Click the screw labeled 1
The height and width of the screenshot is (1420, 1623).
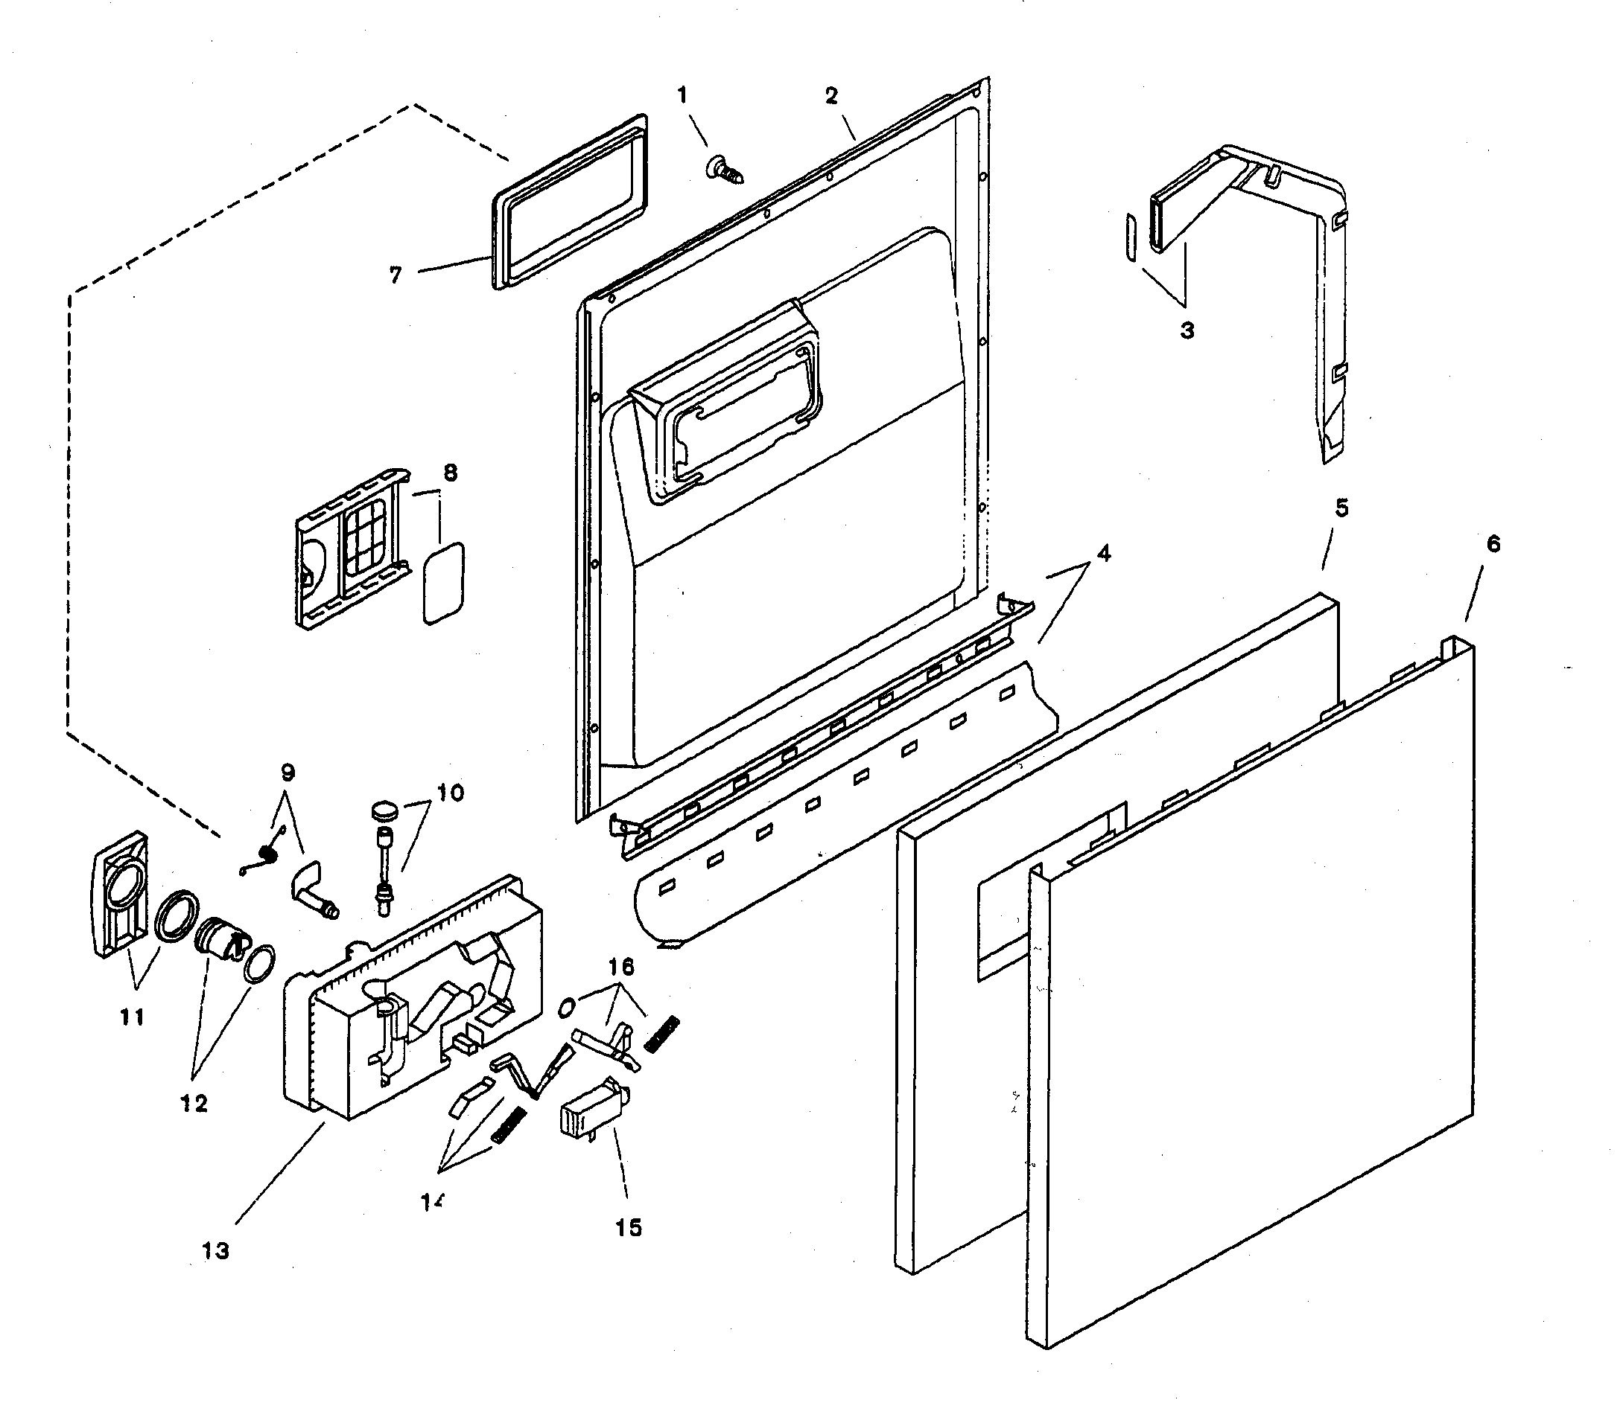click(x=722, y=170)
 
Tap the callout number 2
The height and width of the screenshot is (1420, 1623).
click(x=831, y=96)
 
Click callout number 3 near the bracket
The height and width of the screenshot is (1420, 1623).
click(x=1187, y=330)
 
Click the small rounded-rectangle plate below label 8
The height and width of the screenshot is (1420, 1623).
click(x=444, y=583)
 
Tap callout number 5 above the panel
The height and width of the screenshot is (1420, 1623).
click(x=1341, y=507)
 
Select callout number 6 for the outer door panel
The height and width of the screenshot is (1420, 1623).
click(x=1493, y=543)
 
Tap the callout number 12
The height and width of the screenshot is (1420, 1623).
click(x=194, y=1103)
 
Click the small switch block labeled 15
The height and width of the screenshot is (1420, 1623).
click(x=591, y=1116)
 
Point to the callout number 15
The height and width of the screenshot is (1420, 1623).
click(x=628, y=1227)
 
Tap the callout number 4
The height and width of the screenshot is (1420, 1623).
click(x=1103, y=553)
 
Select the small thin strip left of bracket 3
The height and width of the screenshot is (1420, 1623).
click(x=1129, y=236)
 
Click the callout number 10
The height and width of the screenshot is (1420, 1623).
click(x=451, y=793)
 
